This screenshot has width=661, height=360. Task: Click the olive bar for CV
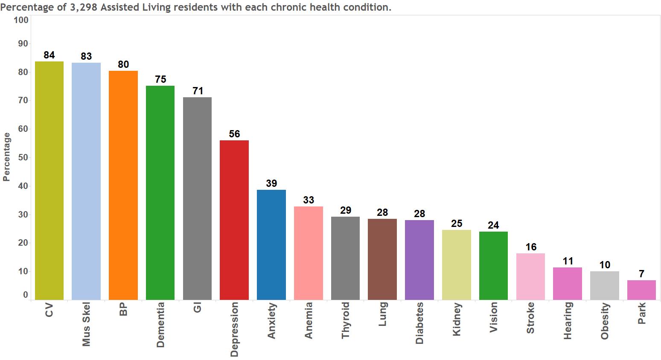point(49,180)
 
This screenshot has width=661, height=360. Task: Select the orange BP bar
point(123,185)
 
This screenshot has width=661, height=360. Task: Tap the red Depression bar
point(234,220)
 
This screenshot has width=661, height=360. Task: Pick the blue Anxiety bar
point(271,245)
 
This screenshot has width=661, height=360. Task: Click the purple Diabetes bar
point(419,260)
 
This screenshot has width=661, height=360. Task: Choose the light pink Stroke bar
point(530,276)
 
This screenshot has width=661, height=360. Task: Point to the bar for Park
point(641,290)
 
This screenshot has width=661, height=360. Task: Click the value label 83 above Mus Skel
point(86,56)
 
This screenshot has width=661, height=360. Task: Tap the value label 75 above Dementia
point(160,79)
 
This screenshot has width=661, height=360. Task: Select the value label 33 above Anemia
point(309,200)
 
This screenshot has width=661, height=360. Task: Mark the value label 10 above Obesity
point(605,265)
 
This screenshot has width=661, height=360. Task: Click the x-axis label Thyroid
point(346,320)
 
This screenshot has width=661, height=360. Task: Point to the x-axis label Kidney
point(457,319)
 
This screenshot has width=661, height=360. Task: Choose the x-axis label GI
point(197,308)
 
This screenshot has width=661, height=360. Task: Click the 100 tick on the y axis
point(21,20)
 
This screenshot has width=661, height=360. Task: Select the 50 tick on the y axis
point(23,157)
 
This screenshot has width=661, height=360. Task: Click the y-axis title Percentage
point(6,157)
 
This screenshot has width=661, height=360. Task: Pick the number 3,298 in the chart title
point(83,7)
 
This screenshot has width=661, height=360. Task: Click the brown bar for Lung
point(382,259)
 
